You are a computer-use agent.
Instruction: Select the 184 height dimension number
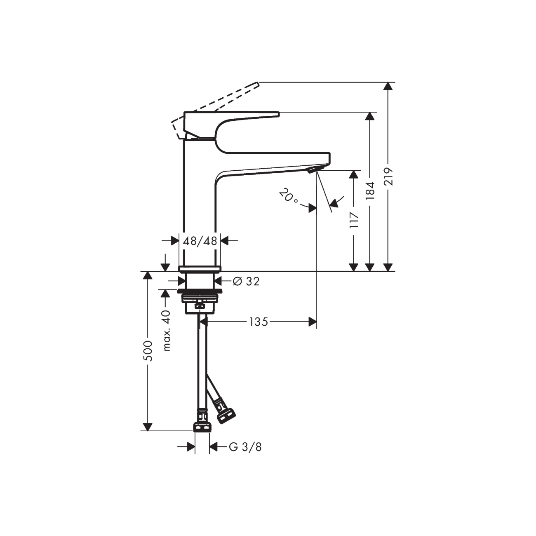371,191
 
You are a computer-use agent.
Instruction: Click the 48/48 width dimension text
200,241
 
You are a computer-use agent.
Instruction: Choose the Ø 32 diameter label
246,282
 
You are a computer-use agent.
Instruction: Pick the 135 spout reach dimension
259,322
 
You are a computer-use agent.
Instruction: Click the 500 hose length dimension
148,351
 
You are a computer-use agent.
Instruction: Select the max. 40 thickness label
166,330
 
